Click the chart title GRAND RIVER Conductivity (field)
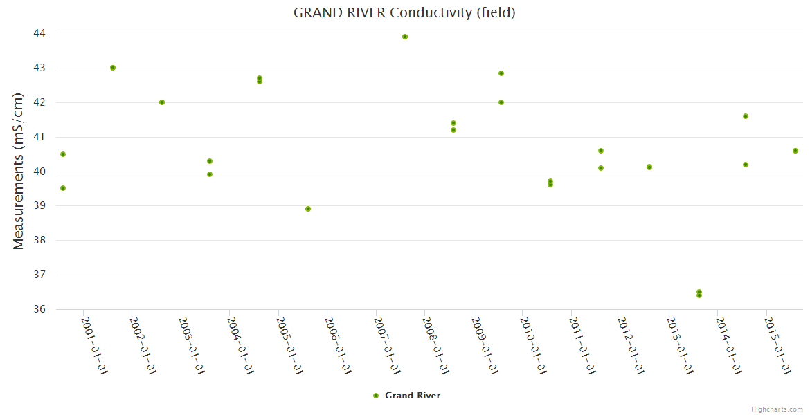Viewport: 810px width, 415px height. tap(404, 12)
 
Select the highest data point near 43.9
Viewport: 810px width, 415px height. tap(405, 37)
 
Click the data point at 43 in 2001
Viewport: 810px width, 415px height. tap(113, 68)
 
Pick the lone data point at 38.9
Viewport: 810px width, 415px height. tap(308, 209)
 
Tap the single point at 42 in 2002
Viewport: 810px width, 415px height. tap(162, 102)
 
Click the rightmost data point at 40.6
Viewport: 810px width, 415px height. tap(795, 151)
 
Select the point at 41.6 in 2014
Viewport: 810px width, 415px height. tap(746, 116)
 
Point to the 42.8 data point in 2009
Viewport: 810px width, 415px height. tap(501, 73)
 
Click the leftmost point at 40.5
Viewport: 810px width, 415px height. tap(63, 154)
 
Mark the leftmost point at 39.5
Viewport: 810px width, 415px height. tap(63, 188)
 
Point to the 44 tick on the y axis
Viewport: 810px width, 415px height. tap(39, 33)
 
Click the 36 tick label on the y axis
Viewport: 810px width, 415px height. tap(39, 309)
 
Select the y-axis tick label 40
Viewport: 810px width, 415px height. tap(39, 172)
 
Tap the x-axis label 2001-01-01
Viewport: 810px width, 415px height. tap(95, 346)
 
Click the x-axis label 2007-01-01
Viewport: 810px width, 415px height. tap(388, 346)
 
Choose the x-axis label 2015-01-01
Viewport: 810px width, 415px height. tap(778, 346)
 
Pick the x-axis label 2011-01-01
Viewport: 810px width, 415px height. tap(583, 346)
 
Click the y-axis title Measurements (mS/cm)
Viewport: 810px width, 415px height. tap(19, 171)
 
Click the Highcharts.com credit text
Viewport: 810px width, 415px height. tap(777, 409)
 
